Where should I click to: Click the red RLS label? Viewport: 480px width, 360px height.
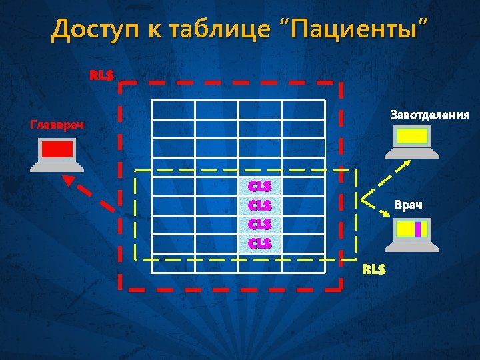pyautogui.click(x=102, y=75)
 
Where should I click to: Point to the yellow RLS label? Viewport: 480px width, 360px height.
pyautogui.click(x=374, y=269)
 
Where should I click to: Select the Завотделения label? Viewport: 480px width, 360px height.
pyautogui.click(x=429, y=115)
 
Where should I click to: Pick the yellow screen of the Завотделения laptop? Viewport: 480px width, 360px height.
pyautogui.click(x=413, y=137)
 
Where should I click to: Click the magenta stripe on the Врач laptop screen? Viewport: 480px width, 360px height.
pyautogui.click(x=418, y=229)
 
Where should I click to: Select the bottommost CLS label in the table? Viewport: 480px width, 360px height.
pyautogui.click(x=260, y=243)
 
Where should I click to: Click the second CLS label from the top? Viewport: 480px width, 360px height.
pyautogui.click(x=260, y=205)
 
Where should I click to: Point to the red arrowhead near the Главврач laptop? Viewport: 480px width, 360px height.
pyautogui.click(x=67, y=179)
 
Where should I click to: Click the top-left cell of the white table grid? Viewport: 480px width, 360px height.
pyautogui.click(x=173, y=110)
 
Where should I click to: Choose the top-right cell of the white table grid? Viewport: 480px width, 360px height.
pyautogui.click(x=303, y=110)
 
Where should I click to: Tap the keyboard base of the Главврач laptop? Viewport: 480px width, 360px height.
pyautogui.click(x=57, y=167)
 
